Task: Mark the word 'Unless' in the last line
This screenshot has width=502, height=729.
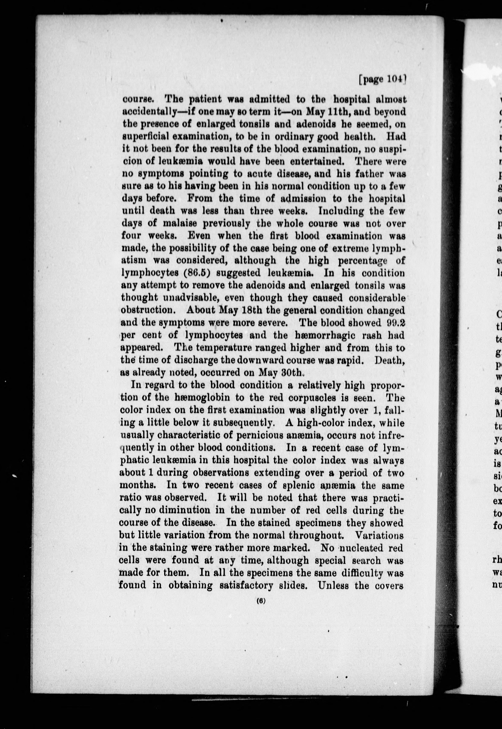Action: (334, 585)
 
